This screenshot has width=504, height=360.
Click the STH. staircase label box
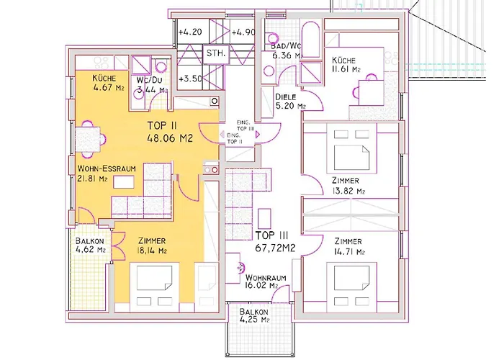(216, 53)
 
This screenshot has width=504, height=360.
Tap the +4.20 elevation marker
(190, 32)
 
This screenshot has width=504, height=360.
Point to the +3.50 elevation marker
(190, 78)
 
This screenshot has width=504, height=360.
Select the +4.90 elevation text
(243, 32)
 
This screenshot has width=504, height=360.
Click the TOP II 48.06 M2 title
(170, 132)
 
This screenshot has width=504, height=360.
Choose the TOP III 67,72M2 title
(276, 241)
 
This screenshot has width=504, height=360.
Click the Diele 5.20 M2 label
(290, 102)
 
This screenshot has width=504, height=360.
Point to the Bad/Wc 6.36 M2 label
(287, 51)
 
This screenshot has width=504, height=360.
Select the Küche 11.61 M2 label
(346, 65)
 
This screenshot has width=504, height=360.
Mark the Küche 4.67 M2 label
(108, 83)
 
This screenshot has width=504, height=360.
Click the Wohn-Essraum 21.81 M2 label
(107, 174)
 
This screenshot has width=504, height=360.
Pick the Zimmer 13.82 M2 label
(348, 186)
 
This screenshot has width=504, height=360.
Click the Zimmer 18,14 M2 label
(152, 246)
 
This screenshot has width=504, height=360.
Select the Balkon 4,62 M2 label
(90, 245)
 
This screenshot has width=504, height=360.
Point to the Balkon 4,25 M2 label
(254, 315)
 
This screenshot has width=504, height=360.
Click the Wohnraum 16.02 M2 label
(266, 282)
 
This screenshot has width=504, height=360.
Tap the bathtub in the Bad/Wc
(311, 40)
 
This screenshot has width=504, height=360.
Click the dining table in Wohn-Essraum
(88, 140)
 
